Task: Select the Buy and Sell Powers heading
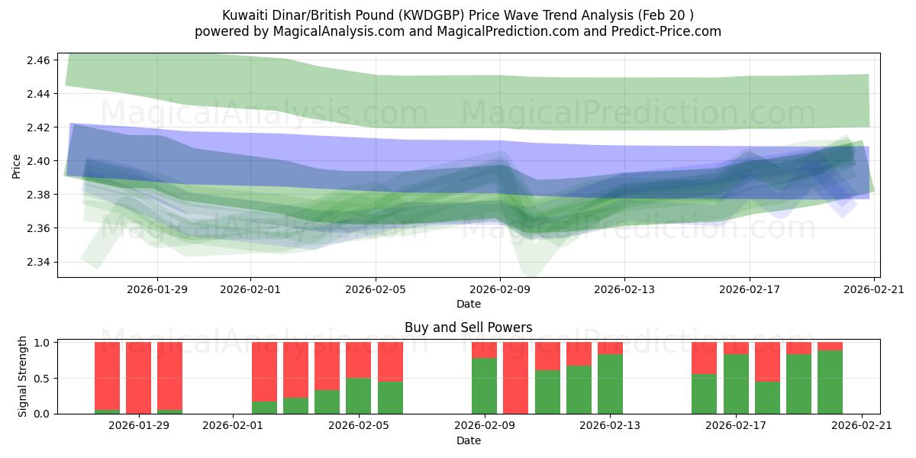point(468,327)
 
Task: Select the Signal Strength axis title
point(23,376)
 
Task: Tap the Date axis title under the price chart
point(468,304)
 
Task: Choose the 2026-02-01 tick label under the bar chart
point(233,426)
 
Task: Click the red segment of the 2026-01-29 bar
point(139,377)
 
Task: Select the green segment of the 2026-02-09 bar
point(484,385)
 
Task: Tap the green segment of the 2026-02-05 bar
point(358,395)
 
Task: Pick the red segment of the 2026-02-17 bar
point(736,348)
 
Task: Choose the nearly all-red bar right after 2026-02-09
point(515,378)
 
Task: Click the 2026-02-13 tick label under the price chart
point(624,289)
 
